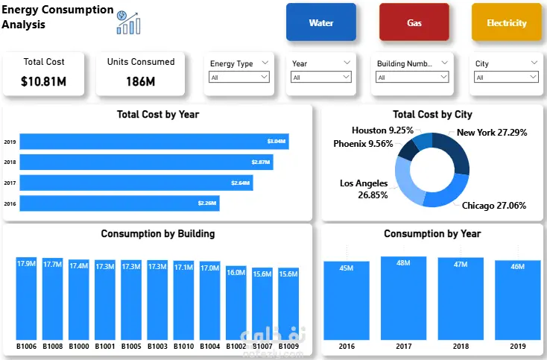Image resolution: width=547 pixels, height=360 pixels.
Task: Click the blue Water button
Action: (321, 22)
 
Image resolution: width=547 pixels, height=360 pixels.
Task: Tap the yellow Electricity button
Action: (506, 22)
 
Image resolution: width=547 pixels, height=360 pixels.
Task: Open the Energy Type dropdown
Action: (239, 77)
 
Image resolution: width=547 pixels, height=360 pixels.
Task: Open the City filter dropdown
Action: (505, 77)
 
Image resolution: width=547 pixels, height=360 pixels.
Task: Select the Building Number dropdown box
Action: (412, 77)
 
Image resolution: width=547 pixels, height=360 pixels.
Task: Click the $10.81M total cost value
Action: (44, 80)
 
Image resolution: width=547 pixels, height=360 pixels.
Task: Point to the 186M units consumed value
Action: (140, 80)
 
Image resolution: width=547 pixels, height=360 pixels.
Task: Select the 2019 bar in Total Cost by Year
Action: (154, 142)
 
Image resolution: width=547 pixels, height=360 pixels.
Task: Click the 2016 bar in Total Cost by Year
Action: (119, 203)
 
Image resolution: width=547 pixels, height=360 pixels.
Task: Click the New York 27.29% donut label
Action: (492, 133)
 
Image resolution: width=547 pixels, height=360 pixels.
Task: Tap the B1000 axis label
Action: (78, 347)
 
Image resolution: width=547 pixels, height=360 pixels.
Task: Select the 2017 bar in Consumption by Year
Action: (403, 298)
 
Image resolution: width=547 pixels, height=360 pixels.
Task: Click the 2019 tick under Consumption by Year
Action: (518, 347)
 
